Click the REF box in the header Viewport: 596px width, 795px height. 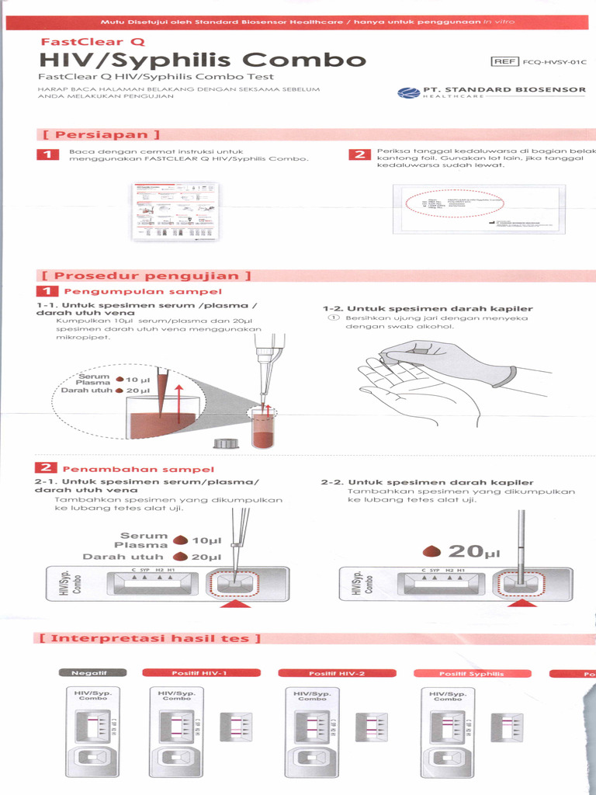point(506,61)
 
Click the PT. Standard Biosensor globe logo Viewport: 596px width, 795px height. point(408,93)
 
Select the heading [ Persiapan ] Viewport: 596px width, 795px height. point(101,134)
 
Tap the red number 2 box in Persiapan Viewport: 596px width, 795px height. point(359,154)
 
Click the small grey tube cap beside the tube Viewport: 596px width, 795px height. point(225,444)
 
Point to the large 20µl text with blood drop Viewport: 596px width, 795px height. point(463,551)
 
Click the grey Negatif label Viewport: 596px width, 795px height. point(89,673)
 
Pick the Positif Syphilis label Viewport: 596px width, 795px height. point(470,673)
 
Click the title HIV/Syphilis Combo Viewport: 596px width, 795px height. point(203,60)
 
